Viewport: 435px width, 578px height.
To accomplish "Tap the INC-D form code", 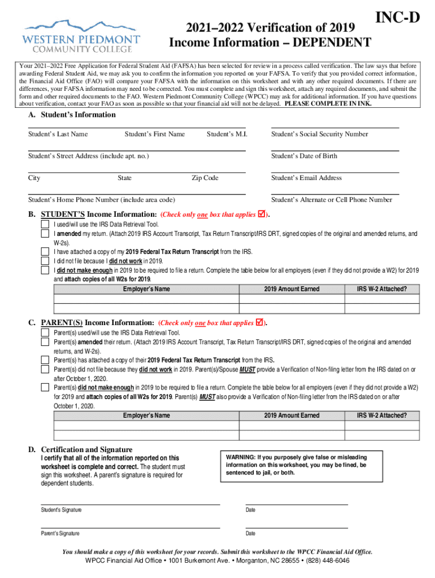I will click(x=398, y=18).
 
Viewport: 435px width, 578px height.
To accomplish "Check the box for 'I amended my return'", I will click(x=45, y=234).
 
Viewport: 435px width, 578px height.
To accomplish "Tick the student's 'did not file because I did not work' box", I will click(x=45, y=261).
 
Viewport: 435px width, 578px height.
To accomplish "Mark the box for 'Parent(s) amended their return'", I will click(x=45, y=342).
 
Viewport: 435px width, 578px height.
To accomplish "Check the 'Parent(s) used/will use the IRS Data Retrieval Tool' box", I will click(x=45, y=333).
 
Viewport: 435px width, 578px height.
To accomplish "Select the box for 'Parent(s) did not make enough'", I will click(x=45, y=388).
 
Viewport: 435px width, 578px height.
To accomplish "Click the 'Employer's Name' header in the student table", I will click(x=146, y=289).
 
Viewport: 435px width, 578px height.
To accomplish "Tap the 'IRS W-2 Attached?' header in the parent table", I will click(x=381, y=415).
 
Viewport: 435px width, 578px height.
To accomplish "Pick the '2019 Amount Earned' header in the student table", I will click(x=292, y=289).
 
